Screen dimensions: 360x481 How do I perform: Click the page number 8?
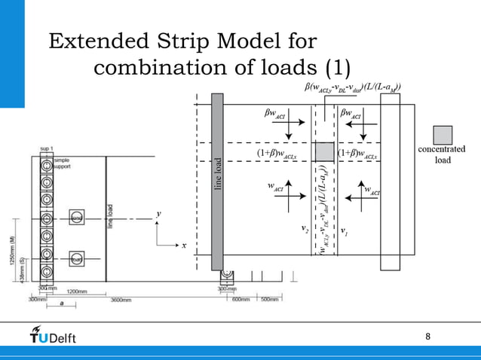tap(428, 336)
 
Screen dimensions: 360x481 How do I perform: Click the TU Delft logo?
tap(53, 334)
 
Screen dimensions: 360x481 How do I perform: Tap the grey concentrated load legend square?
tap(443, 135)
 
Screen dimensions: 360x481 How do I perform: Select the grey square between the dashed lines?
tap(324, 151)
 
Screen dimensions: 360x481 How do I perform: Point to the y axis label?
tap(158, 215)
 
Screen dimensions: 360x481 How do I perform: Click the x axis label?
tap(183, 245)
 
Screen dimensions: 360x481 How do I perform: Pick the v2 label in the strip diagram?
tap(305, 227)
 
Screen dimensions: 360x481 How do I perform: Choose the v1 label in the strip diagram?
tap(344, 230)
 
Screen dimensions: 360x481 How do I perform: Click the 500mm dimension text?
tap(269, 300)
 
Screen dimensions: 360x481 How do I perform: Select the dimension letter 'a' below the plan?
tap(61, 304)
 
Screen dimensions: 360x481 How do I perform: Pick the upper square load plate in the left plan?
tap(76, 218)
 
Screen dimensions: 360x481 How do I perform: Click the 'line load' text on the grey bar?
tap(218, 175)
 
